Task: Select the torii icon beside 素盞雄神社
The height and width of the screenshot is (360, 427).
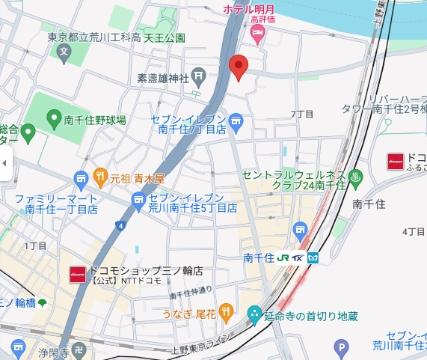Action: [198, 76]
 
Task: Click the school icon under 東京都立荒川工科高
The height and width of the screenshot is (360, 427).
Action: [64, 53]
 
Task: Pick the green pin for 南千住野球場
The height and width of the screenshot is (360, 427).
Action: [53, 119]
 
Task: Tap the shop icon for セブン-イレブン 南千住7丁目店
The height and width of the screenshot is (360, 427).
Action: [236, 120]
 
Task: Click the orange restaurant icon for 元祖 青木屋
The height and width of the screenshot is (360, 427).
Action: [101, 178]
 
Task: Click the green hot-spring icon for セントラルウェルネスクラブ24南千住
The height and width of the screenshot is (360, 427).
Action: [356, 177]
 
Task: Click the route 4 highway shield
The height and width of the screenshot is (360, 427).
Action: [119, 225]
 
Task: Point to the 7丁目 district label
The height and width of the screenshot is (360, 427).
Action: [302, 115]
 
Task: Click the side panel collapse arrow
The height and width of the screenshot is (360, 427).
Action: [5, 162]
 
